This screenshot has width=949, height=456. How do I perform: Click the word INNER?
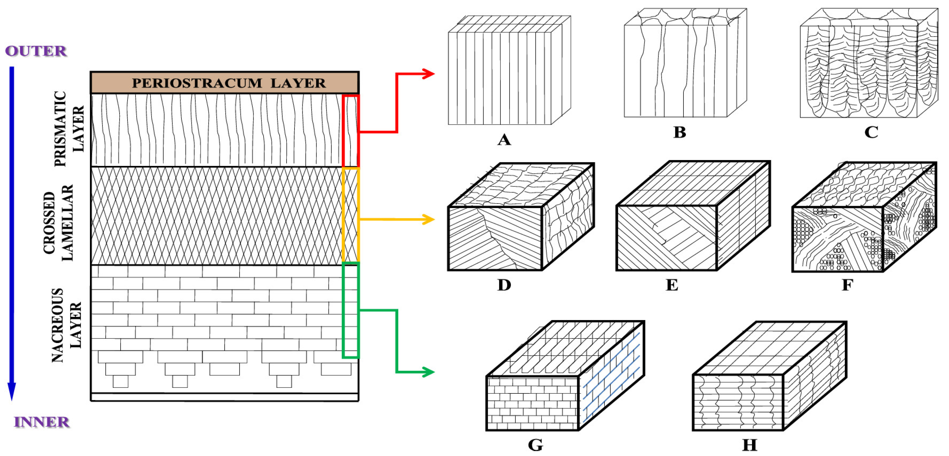pos(42,422)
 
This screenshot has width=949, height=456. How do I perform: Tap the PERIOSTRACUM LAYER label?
pos(228,83)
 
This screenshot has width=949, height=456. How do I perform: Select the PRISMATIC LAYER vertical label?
pos(69,129)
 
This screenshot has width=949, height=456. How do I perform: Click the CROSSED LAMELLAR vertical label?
pos(58,223)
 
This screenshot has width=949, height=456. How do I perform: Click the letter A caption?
pos(504,140)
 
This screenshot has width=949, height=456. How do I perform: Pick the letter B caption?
pos(680,132)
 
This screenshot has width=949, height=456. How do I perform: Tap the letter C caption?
pos(871,132)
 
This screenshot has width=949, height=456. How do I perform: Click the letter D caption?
pos(504,285)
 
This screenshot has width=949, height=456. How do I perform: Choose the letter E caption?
pos(672,285)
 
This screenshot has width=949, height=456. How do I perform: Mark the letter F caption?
pos(847,285)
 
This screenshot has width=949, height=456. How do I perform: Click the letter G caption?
pos(535,445)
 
